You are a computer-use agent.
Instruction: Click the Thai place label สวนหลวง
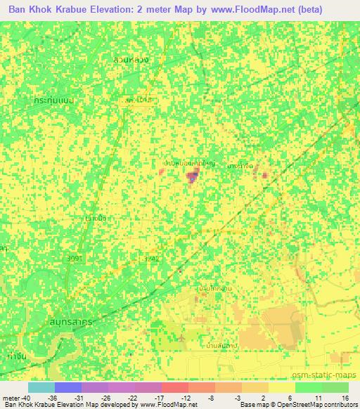tap(131, 60)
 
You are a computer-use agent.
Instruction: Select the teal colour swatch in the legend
tap(41, 387)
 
